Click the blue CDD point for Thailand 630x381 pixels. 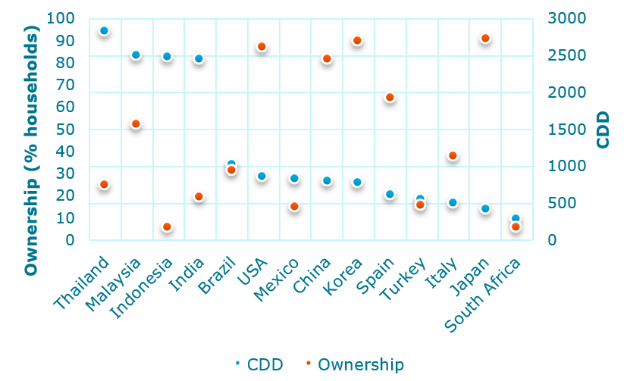pyautogui.click(x=104, y=31)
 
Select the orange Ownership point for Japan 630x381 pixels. pyautogui.click(x=485, y=39)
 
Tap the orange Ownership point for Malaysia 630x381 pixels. pyautogui.click(x=136, y=124)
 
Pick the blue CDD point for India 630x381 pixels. pyautogui.click(x=199, y=59)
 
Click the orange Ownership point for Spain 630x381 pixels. pyautogui.click(x=390, y=98)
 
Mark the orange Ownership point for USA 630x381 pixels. pyautogui.click(x=262, y=47)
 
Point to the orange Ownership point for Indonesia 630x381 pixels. pyautogui.click(x=167, y=227)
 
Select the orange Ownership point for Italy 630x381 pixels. pyautogui.click(x=453, y=156)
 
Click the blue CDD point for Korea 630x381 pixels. pyautogui.click(x=357, y=183)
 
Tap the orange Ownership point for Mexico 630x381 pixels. pyautogui.click(x=294, y=207)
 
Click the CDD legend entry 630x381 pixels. pyautogui.click(x=259, y=364)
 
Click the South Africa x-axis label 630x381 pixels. pyautogui.click(x=485, y=295)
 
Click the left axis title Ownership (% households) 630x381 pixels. pyautogui.click(x=31, y=152)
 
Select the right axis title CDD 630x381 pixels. pyautogui.click(x=603, y=130)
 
